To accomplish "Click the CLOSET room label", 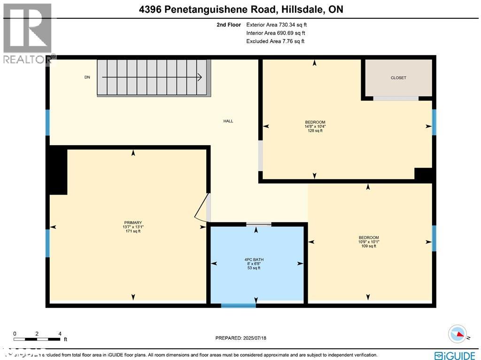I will [x=398, y=78].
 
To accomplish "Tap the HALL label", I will [x=228, y=121].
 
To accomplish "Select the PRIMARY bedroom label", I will [x=133, y=223].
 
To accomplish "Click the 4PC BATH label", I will [x=256, y=258].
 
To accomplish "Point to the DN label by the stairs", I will [x=87, y=78].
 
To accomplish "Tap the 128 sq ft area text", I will [x=315, y=131].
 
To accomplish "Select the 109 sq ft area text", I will [x=369, y=246].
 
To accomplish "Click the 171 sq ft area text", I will [x=133, y=231].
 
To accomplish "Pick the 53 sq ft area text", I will [x=256, y=267].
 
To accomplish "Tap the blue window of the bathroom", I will [x=239, y=305].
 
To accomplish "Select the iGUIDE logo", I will [x=455, y=355].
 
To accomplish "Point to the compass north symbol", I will [x=457, y=334].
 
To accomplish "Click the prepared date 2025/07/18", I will [x=240, y=338].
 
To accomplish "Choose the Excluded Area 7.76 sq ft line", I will [x=275, y=41].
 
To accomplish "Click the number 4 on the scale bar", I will [x=60, y=333].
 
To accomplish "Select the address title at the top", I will [x=240, y=9].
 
